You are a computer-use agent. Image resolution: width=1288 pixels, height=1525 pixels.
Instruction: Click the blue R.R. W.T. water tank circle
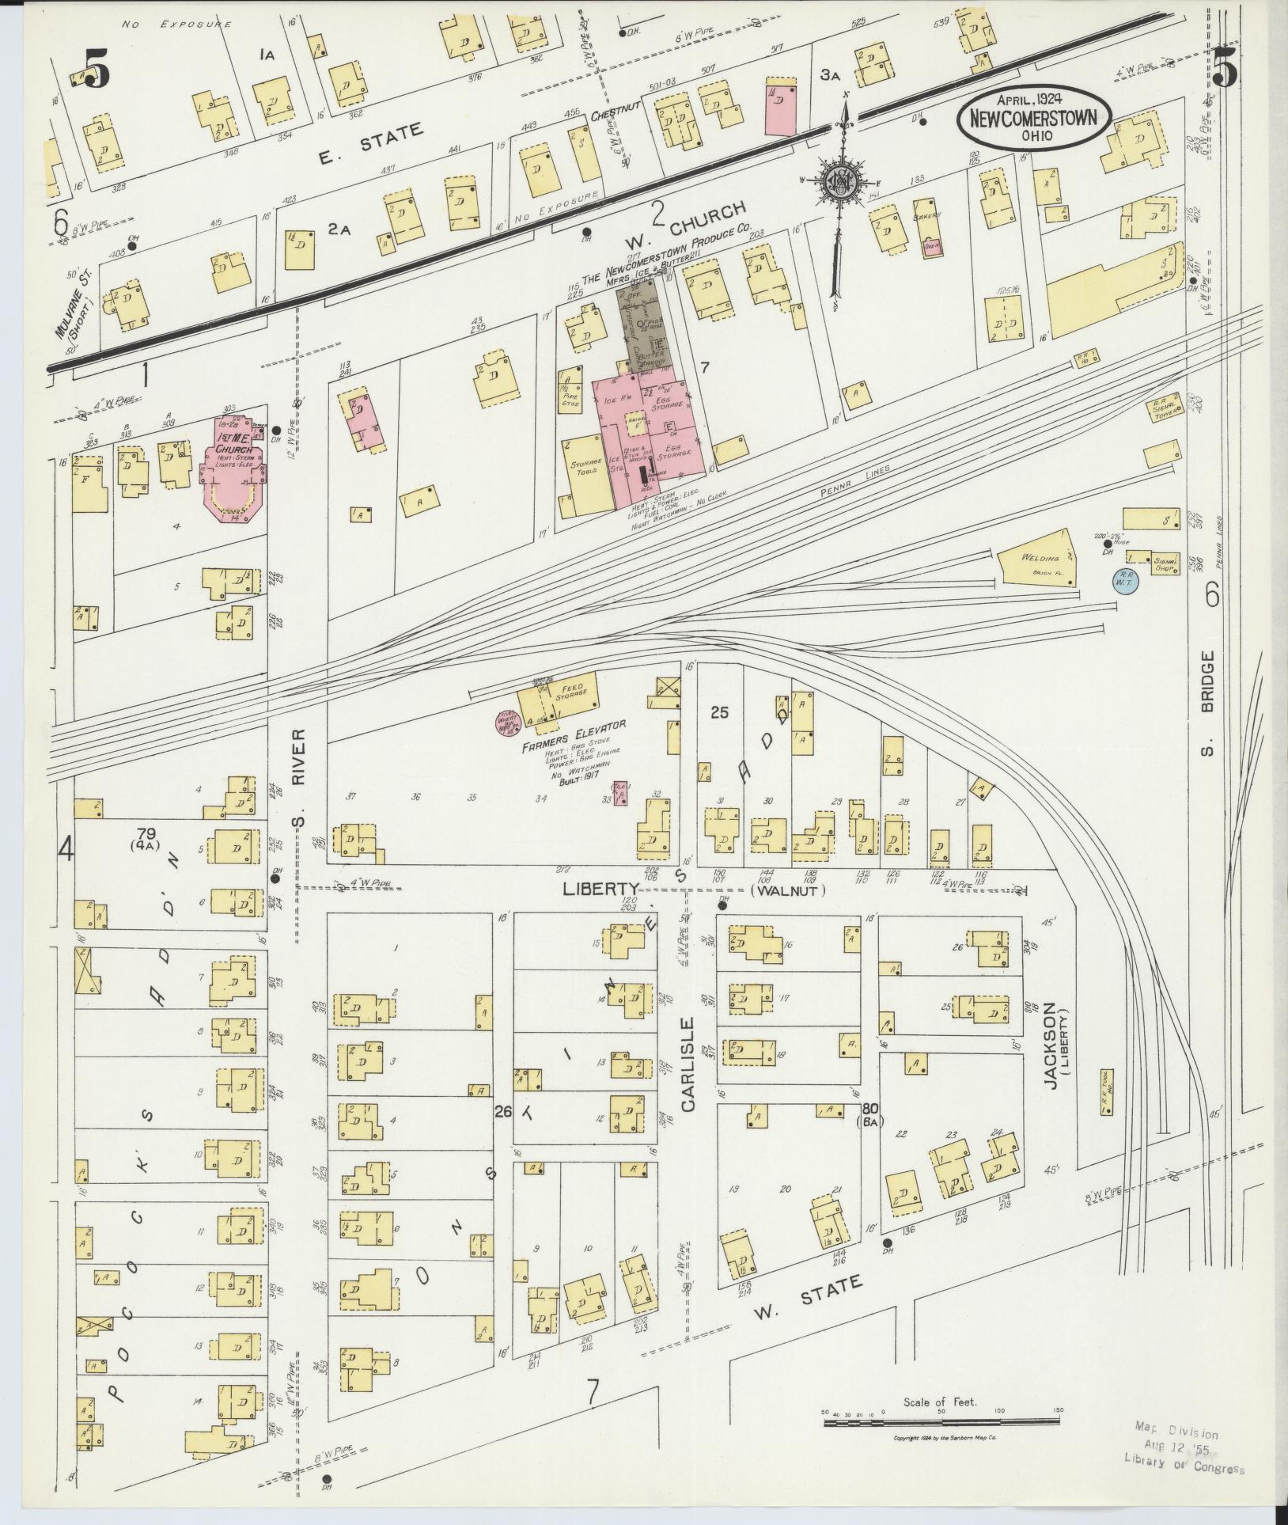click(x=1124, y=579)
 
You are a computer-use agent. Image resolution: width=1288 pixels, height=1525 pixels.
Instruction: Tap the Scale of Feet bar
click(x=941, y=1422)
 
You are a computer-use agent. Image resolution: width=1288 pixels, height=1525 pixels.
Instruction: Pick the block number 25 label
click(x=719, y=712)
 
